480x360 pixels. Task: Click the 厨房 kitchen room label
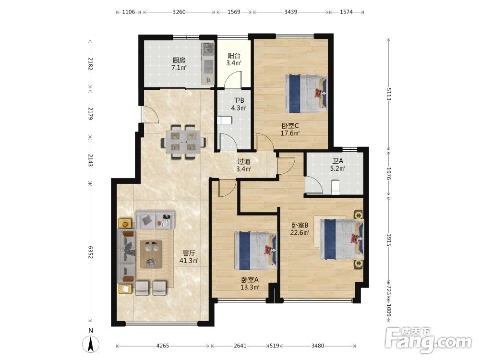click(x=179, y=60)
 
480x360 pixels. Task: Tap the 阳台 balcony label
click(x=234, y=56)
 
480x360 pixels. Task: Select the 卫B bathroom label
click(x=239, y=100)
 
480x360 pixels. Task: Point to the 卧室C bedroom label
click(x=290, y=125)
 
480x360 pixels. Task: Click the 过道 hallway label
click(x=244, y=161)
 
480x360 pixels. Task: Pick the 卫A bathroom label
click(x=338, y=161)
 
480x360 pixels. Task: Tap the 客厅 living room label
click(x=189, y=253)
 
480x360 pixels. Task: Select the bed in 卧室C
click(x=306, y=94)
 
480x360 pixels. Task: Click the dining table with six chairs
click(x=184, y=142)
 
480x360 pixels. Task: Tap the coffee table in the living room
click(x=151, y=254)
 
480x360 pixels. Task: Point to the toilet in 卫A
click(x=336, y=187)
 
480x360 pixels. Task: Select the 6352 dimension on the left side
click(x=90, y=252)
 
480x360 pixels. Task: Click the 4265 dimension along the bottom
click(x=163, y=346)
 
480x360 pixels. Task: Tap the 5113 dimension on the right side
click(x=389, y=94)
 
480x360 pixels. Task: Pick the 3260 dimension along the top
click(x=179, y=12)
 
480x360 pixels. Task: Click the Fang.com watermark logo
click(x=429, y=340)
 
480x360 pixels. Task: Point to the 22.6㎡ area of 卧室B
click(x=300, y=232)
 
